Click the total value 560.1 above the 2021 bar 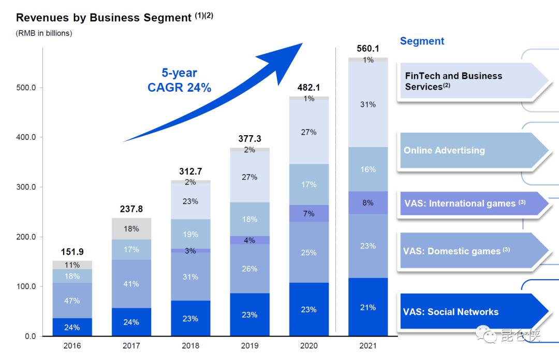pyautogui.click(x=368, y=49)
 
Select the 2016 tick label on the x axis pyautogui.click(x=72, y=345)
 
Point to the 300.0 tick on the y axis pyautogui.click(x=25, y=187)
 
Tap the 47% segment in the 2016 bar pyautogui.click(x=72, y=300)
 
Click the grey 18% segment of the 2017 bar pyautogui.click(x=131, y=228)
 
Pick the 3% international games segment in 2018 pyautogui.click(x=190, y=251)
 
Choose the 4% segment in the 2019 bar pyautogui.click(x=249, y=240)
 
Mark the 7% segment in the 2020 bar pyautogui.click(x=308, y=213)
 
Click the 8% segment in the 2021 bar pyautogui.click(x=368, y=203)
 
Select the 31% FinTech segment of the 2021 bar pyautogui.click(x=368, y=104)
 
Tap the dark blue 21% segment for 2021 pyautogui.click(x=368, y=307)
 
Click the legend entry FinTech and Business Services pyautogui.click(x=453, y=81)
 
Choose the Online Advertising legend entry pyautogui.click(x=444, y=150)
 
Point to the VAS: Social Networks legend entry pyautogui.click(x=450, y=312)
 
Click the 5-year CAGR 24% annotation pyautogui.click(x=179, y=81)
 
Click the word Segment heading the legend pyautogui.click(x=422, y=41)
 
